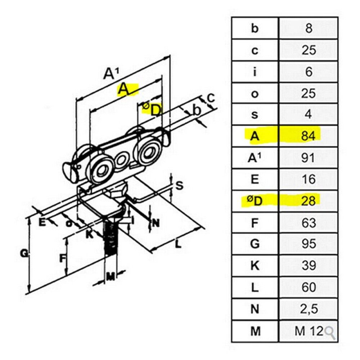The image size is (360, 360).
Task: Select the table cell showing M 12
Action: tap(309, 331)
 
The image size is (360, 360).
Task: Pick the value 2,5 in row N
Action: tap(309, 309)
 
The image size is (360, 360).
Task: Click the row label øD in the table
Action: tap(255, 201)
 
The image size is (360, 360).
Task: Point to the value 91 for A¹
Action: tap(308, 158)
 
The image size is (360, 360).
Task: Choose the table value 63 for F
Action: tap(309, 223)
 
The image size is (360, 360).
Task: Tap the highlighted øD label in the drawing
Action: tap(152, 109)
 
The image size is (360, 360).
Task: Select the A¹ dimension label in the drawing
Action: tap(111, 74)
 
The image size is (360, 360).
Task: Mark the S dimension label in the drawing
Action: tap(180, 185)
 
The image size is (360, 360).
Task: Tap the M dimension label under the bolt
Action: tap(110, 278)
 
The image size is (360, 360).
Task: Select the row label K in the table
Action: tap(255, 266)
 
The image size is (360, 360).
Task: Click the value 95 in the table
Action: tap(309, 244)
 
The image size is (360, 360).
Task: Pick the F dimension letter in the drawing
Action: tap(62, 258)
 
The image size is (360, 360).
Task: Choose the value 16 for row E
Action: tap(309, 179)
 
